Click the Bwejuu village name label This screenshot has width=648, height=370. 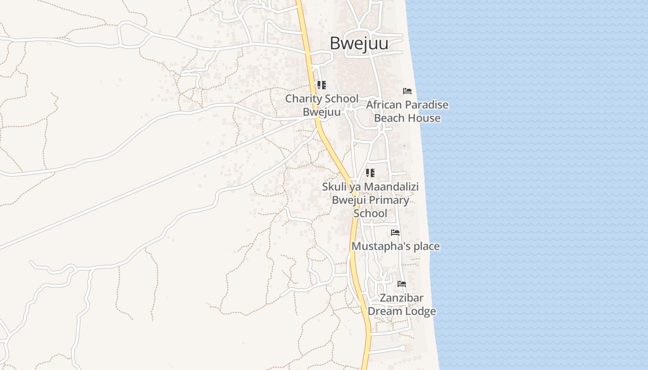pyautogui.click(x=359, y=43)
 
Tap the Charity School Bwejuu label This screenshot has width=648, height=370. pyautogui.click(x=322, y=105)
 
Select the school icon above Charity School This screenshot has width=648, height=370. pyautogui.click(x=322, y=85)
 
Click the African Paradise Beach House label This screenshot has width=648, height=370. pyautogui.click(x=407, y=111)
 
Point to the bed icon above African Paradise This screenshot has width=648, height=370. pyautogui.click(x=407, y=91)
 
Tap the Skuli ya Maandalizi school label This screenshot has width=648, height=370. pyautogui.click(x=370, y=200)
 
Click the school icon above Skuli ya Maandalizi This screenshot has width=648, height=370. pyautogui.click(x=370, y=173)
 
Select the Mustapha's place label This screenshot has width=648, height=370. pyautogui.click(x=396, y=246)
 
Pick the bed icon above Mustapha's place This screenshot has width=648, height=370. pyautogui.click(x=395, y=232)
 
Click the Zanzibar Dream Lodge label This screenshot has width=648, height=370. pyautogui.click(x=402, y=304)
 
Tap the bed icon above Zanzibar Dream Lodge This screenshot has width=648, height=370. pyautogui.click(x=402, y=284)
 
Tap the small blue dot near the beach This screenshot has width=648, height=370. pyautogui.click(x=404, y=146)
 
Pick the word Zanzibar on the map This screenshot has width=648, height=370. pyautogui.click(x=402, y=297)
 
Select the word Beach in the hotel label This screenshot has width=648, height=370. pyautogui.click(x=390, y=118)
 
